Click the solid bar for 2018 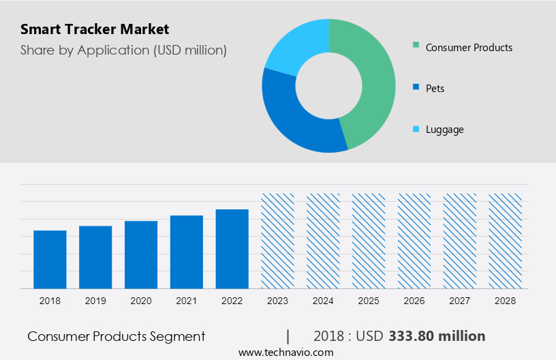pos(50,260)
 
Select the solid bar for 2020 pos(141,255)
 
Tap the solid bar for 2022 pos(232,249)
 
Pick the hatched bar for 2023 pos(278,241)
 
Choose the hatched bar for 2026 pos(414,241)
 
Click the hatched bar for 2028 pos(505,241)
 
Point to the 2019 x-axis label pos(95,301)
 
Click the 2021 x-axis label pos(187,301)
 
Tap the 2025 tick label pos(369,301)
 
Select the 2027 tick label pos(460,301)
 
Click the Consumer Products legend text pos(469,47)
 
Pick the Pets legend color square pos(416,88)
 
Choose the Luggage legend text pos(444,130)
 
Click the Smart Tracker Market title pos(95,29)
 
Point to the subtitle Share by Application pos(123,50)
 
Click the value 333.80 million pos(437,336)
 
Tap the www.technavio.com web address pos(286,352)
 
